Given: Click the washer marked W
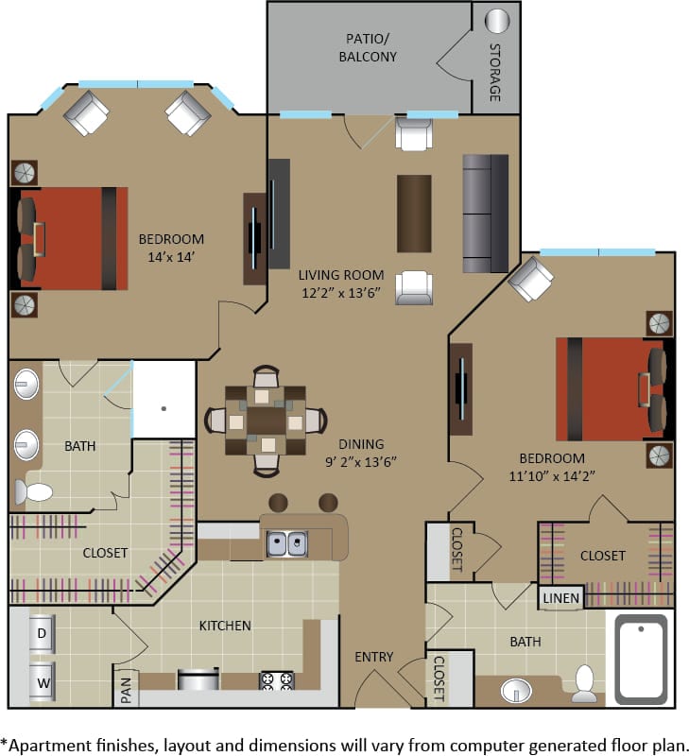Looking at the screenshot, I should [42, 679].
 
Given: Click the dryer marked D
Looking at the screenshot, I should [42, 632].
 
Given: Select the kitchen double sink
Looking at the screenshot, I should [286, 543].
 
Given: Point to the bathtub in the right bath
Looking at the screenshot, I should [641, 658].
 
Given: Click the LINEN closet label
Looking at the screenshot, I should [560, 597].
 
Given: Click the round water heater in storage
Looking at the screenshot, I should [496, 21].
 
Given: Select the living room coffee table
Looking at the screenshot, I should [414, 214].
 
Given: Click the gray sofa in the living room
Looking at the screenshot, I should [485, 214].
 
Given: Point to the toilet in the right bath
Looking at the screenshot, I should [585, 683].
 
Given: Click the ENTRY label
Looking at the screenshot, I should [374, 658].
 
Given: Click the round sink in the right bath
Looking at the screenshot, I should [517, 690].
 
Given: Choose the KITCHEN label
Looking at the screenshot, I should [225, 626].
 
